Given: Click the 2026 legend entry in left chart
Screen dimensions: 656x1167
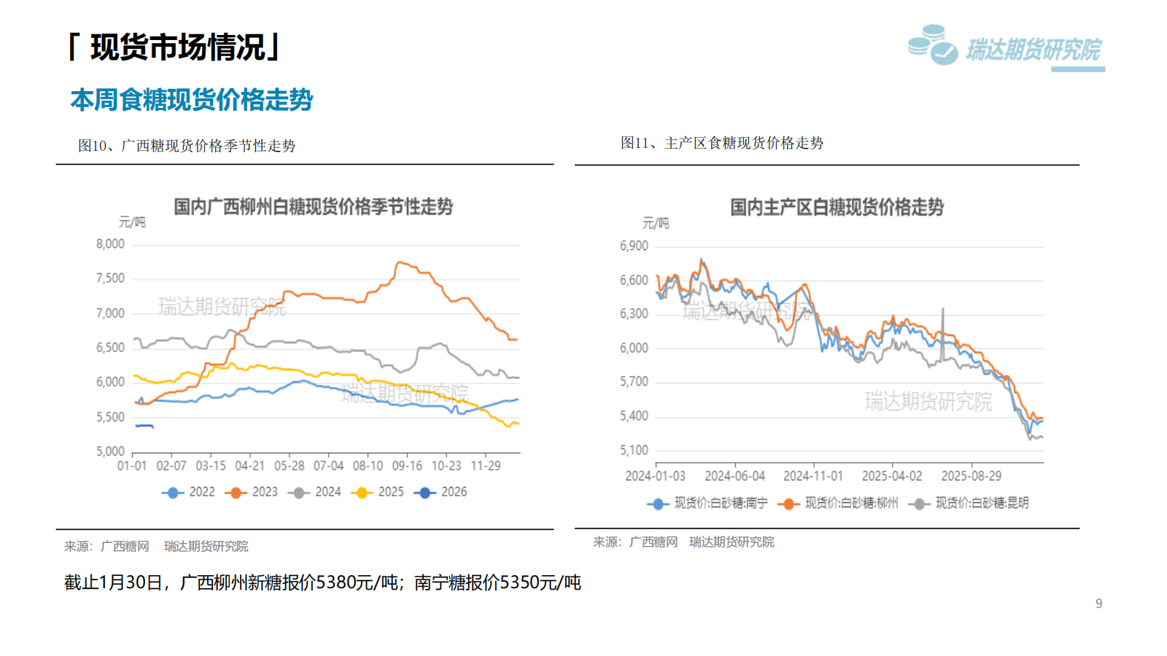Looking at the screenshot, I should (441, 492).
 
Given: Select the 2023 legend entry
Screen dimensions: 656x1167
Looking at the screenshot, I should (252, 492).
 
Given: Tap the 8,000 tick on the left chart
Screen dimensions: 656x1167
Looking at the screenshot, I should (110, 244).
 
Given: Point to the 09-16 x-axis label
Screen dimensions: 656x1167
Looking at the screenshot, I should (407, 466).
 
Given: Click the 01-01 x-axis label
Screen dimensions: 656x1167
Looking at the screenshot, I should (132, 466).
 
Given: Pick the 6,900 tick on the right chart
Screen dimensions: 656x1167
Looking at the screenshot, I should (634, 246).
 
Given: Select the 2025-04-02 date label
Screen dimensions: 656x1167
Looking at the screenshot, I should (892, 476).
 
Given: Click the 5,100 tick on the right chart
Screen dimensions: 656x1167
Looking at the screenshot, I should (634, 450).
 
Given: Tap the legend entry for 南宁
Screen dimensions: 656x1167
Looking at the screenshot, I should (707, 503).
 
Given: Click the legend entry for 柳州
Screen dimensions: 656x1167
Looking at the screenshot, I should (838, 503).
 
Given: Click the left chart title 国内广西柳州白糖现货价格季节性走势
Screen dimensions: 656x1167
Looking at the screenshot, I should (313, 207).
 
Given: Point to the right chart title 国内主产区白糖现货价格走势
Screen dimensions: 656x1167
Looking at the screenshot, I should (837, 208).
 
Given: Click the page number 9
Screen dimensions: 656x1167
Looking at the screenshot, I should (1098, 604).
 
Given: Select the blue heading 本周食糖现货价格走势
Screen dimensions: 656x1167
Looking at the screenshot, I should (191, 100).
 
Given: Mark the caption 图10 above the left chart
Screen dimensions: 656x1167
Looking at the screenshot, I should (93, 146).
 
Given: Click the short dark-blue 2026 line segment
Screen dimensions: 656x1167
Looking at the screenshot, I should (144, 426).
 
